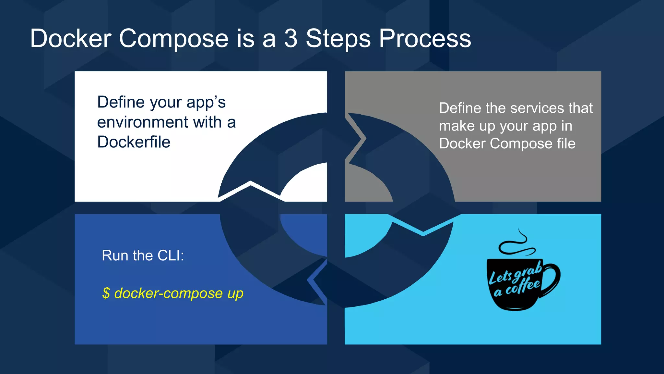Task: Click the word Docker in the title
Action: [x=71, y=39]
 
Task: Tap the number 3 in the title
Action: [x=290, y=39]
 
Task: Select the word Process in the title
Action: [x=425, y=39]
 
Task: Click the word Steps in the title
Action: [x=338, y=39]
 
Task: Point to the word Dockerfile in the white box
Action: [x=134, y=142]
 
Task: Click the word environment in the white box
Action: [x=143, y=122]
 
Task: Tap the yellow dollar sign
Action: [x=106, y=293]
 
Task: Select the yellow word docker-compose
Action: [x=169, y=293]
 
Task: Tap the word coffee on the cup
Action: [x=523, y=286]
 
